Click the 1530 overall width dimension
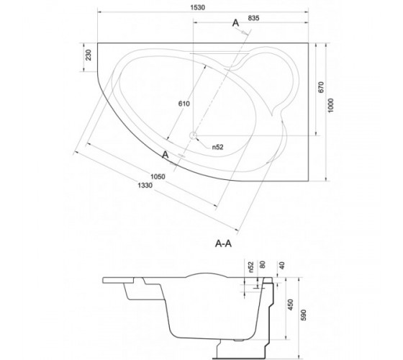point(198,7)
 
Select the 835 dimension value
point(253,18)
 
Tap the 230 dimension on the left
point(88,55)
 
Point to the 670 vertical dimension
point(321,87)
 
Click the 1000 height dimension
point(331,105)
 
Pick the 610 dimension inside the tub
point(184,104)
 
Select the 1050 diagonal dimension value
point(158,176)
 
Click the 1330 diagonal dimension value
point(145,186)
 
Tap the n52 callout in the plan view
point(217,147)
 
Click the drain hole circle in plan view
point(193,135)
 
